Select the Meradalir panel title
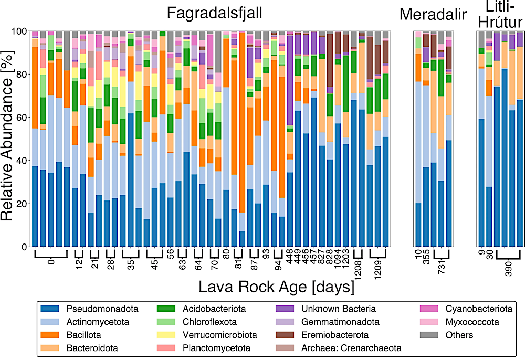tap(433, 14)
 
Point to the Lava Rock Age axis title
tap(269, 287)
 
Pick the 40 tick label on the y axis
tap(20, 161)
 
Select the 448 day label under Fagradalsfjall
tap(289, 260)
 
